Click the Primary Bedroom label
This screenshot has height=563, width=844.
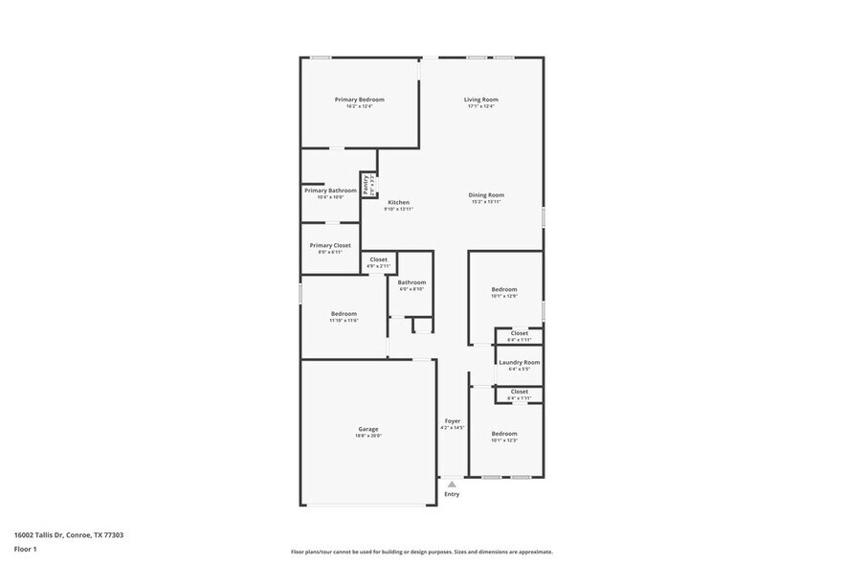pyautogui.click(x=359, y=100)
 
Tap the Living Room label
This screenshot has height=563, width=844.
pyautogui.click(x=481, y=100)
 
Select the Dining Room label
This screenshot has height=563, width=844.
pyautogui.click(x=486, y=195)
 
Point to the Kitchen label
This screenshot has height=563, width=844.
pyautogui.click(x=398, y=203)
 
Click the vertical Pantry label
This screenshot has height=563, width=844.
pyautogui.click(x=366, y=183)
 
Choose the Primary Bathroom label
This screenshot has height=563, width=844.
pyautogui.click(x=330, y=191)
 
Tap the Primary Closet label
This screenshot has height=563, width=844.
pyautogui.click(x=330, y=246)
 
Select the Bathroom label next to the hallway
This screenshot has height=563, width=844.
pyautogui.click(x=411, y=282)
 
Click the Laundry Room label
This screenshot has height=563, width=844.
pyautogui.click(x=519, y=363)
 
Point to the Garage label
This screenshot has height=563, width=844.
pyautogui.click(x=368, y=429)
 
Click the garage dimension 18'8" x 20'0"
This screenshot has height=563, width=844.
pyautogui.click(x=368, y=437)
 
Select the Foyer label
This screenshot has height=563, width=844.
pyautogui.click(x=452, y=421)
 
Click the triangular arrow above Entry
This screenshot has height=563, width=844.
pyautogui.click(x=452, y=484)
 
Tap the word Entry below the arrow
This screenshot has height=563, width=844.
pyautogui.click(x=452, y=494)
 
